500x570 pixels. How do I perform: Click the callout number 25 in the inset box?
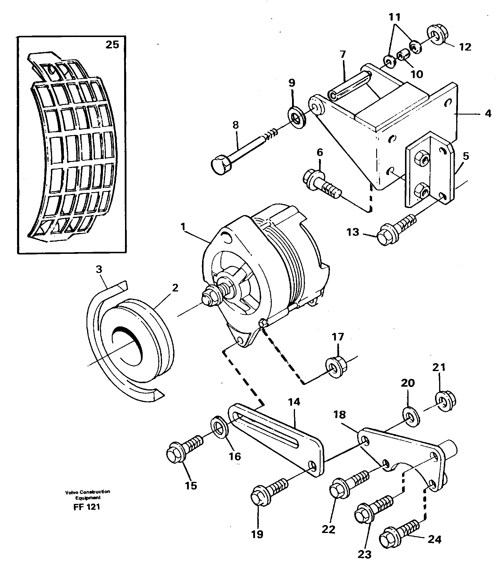click(112, 45)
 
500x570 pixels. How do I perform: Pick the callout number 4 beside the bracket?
click(488, 113)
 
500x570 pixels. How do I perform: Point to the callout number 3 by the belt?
click(99, 269)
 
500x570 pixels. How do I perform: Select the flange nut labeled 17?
click(336, 367)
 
